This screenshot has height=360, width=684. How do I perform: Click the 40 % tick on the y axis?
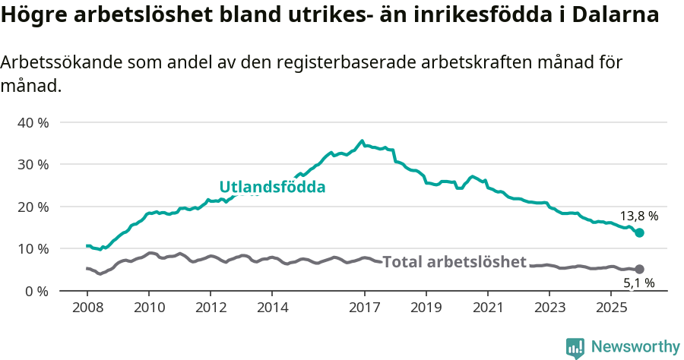[33, 122]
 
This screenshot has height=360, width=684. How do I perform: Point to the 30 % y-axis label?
[33, 164]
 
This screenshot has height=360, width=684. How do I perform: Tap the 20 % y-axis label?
[33, 207]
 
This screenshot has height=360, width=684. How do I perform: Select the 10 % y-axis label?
[33, 248]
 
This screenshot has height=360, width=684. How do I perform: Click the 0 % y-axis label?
[36, 291]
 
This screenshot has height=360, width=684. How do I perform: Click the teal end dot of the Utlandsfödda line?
[639, 232]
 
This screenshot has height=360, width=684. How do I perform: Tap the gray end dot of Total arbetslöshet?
[639, 269]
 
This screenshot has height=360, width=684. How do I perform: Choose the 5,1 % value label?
[638, 283]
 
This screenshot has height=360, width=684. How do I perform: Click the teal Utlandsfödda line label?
[272, 187]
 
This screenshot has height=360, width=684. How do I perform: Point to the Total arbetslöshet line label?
[454, 262]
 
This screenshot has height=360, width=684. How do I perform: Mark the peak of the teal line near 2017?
[362, 141]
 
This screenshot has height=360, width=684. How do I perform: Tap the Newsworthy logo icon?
[575, 347]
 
